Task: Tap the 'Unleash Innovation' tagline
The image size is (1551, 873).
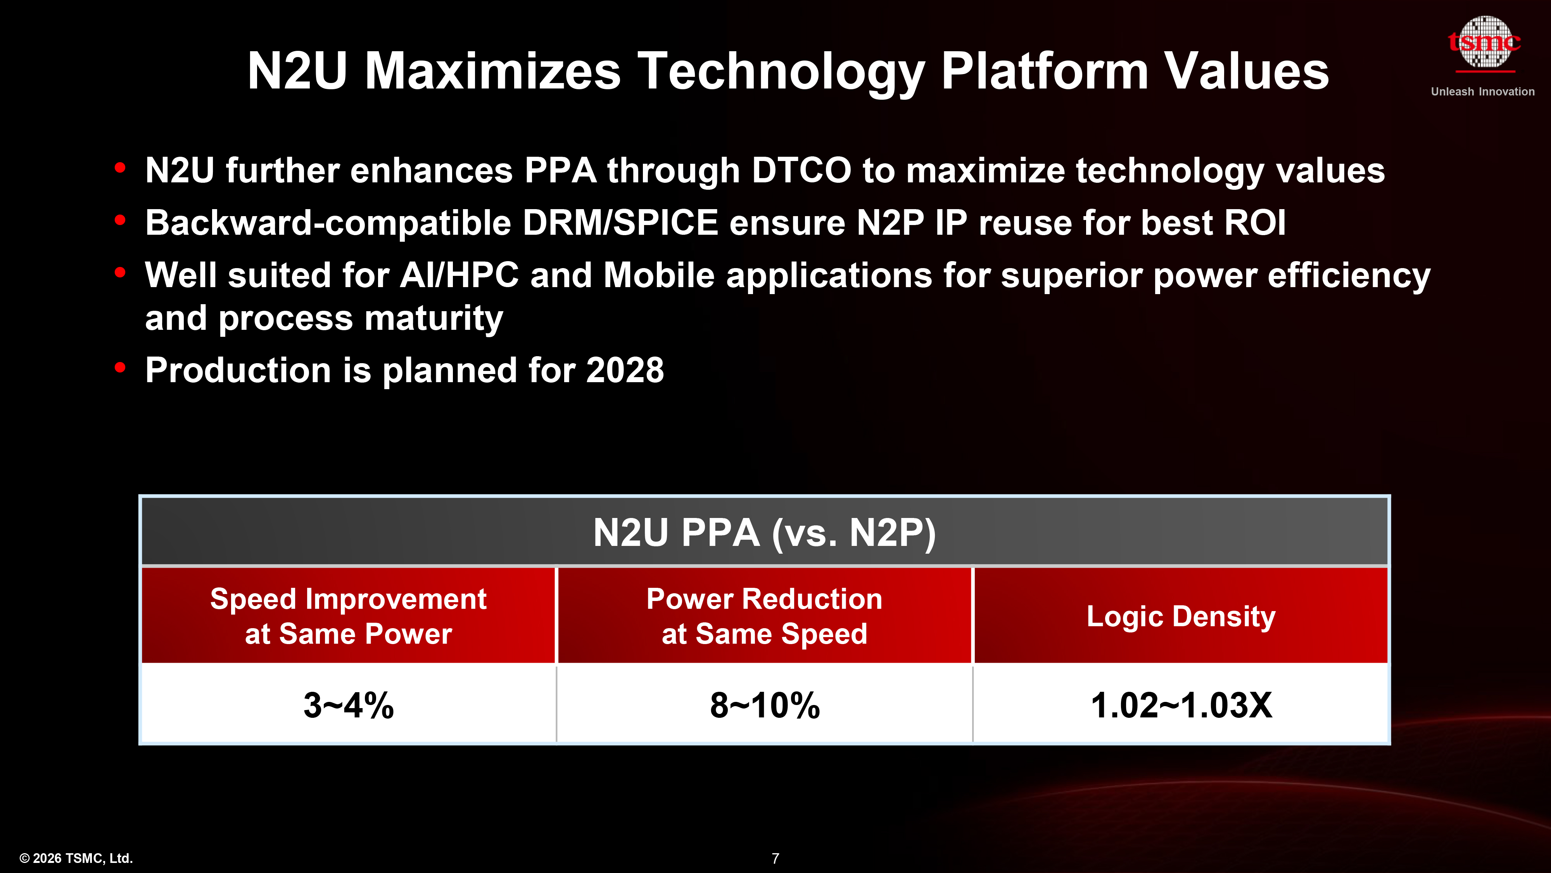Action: (1482, 92)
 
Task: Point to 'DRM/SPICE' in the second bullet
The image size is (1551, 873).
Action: (620, 223)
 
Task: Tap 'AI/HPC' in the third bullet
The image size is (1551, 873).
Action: (459, 275)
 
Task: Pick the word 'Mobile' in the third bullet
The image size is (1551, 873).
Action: (659, 275)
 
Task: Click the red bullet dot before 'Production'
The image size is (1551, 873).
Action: (120, 367)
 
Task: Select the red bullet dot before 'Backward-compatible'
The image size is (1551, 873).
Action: (120, 220)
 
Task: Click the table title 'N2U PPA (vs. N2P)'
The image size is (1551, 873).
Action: (764, 533)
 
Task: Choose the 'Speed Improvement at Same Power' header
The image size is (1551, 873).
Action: (348, 616)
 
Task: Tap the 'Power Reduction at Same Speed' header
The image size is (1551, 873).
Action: (764, 616)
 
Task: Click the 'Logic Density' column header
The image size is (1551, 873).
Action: (1181, 616)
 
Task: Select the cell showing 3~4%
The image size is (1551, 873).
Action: (348, 705)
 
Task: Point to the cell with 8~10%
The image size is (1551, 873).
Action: (764, 705)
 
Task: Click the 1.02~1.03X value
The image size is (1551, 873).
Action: (1181, 705)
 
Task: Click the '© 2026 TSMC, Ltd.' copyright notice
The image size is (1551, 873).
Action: (76, 858)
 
